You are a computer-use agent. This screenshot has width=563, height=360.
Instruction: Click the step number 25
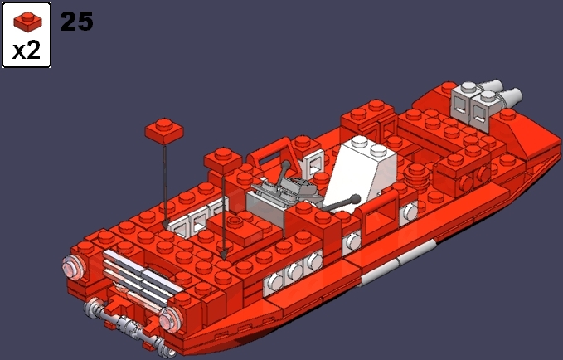[x=76, y=21]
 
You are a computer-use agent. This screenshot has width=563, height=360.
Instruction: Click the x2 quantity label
[x=27, y=50]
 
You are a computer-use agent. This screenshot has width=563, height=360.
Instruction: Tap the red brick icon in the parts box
[x=27, y=18]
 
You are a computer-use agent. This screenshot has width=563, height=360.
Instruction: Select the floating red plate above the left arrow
[x=165, y=129]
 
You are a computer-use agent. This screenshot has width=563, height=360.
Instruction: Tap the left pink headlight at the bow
[x=73, y=267]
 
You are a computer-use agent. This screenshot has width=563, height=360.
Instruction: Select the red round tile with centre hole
[x=235, y=222]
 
